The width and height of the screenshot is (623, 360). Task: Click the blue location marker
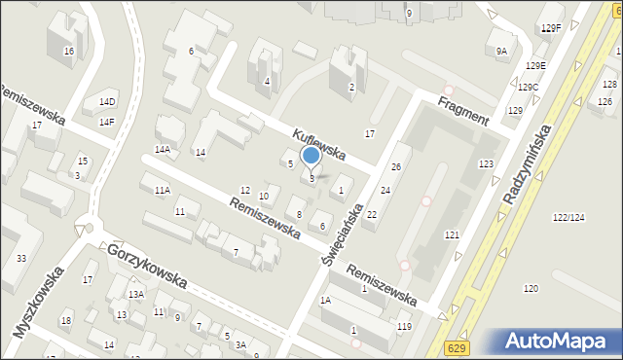click(x=311, y=156)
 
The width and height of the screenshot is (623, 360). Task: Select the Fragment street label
click(x=462, y=108)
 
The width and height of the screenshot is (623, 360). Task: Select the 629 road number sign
click(x=458, y=347)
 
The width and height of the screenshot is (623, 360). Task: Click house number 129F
click(x=551, y=28)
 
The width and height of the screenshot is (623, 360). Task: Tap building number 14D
click(x=106, y=101)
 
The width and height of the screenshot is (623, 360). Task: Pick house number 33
click(x=21, y=258)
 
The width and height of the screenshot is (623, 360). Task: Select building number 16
click(x=68, y=51)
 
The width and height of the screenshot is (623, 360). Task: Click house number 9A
click(x=501, y=51)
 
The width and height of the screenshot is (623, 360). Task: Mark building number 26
click(x=396, y=167)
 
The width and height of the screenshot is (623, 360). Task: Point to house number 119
click(x=404, y=326)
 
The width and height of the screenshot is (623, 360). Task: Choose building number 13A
click(x=136, y=294)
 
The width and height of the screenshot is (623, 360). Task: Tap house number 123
click(x=486, y=164)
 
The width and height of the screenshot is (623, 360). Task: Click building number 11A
click(x=162, y=190)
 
